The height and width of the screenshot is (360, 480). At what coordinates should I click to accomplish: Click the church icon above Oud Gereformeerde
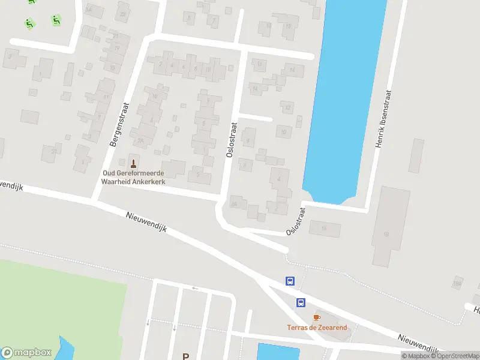[x=133, y=162]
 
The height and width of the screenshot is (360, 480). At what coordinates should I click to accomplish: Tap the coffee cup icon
[x=317, y=317]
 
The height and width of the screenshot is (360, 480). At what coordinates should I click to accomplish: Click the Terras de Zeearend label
[x=316, y=328]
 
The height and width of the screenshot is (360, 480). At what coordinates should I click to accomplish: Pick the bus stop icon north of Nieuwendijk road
[x=290, y=281]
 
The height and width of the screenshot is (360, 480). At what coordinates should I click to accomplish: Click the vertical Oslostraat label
[x=232, y=140]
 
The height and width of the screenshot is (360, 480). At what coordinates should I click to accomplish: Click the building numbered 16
[x=325, y=229]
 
